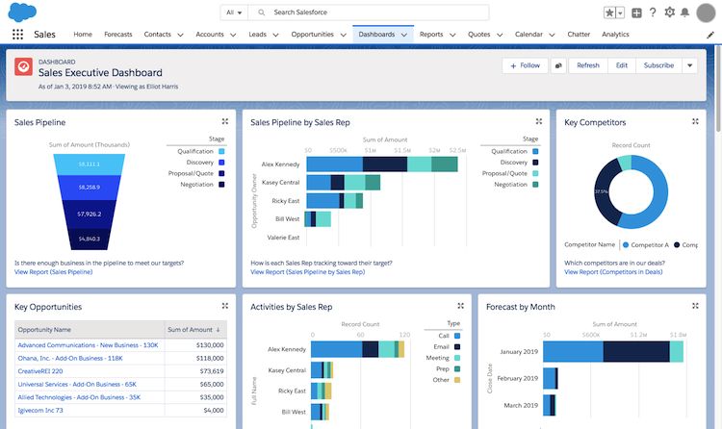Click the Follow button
[x=525, y=65]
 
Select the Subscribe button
[x=658, y=65]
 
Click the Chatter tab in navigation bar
[x=578, y=34]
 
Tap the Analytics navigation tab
[x=615, y=34]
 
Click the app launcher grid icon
[x=17, y=34]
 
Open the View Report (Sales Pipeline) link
[x=54, y=272]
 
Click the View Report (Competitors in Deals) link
[x=614, y=272]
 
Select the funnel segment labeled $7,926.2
[x=89, y=214]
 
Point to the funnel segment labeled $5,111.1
[x=89, y=164]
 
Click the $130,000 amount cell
[x=204, y=344]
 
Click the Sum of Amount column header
[x=194, y=329]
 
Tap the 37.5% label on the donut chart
[x=602, y=191]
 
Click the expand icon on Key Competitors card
[x=695, y=122]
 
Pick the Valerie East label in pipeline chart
[x=283, y=237]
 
